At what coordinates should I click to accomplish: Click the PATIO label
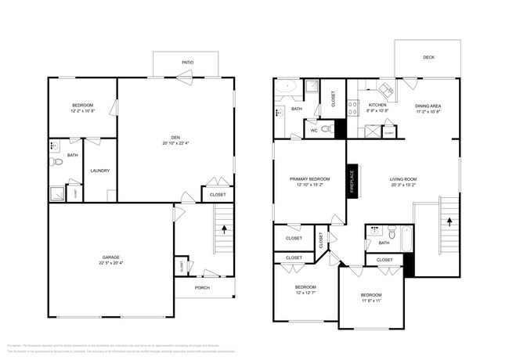tap(188, 63)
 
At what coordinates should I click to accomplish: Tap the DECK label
tap(428, 57)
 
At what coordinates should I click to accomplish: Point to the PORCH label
tap(202, 287)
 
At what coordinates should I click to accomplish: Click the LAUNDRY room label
tap(99, 171)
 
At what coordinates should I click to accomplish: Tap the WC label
tap(313, 131)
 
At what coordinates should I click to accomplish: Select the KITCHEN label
tap(377, 105)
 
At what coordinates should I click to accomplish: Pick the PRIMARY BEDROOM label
tap(309, 179)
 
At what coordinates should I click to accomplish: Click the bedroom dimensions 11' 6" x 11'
tap(371, 301)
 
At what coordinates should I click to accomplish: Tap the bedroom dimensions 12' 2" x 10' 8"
tap(82, 111)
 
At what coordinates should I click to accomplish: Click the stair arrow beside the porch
tap(225, 230)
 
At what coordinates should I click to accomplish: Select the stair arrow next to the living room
tap(449, 221)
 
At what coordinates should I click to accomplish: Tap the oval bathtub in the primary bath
tap(287, 88)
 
